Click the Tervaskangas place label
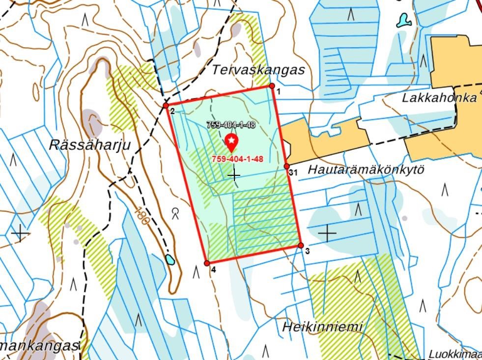258,70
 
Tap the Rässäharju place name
90,145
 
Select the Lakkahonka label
439,97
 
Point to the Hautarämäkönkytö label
366,170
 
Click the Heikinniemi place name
322,326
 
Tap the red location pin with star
231,142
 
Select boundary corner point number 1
272,86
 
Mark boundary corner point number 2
166,105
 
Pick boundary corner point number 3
301,246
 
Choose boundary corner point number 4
207,264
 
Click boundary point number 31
287,166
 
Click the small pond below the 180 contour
170,259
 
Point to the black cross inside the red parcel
234,175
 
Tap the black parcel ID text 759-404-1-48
231,125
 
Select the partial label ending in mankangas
39,346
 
